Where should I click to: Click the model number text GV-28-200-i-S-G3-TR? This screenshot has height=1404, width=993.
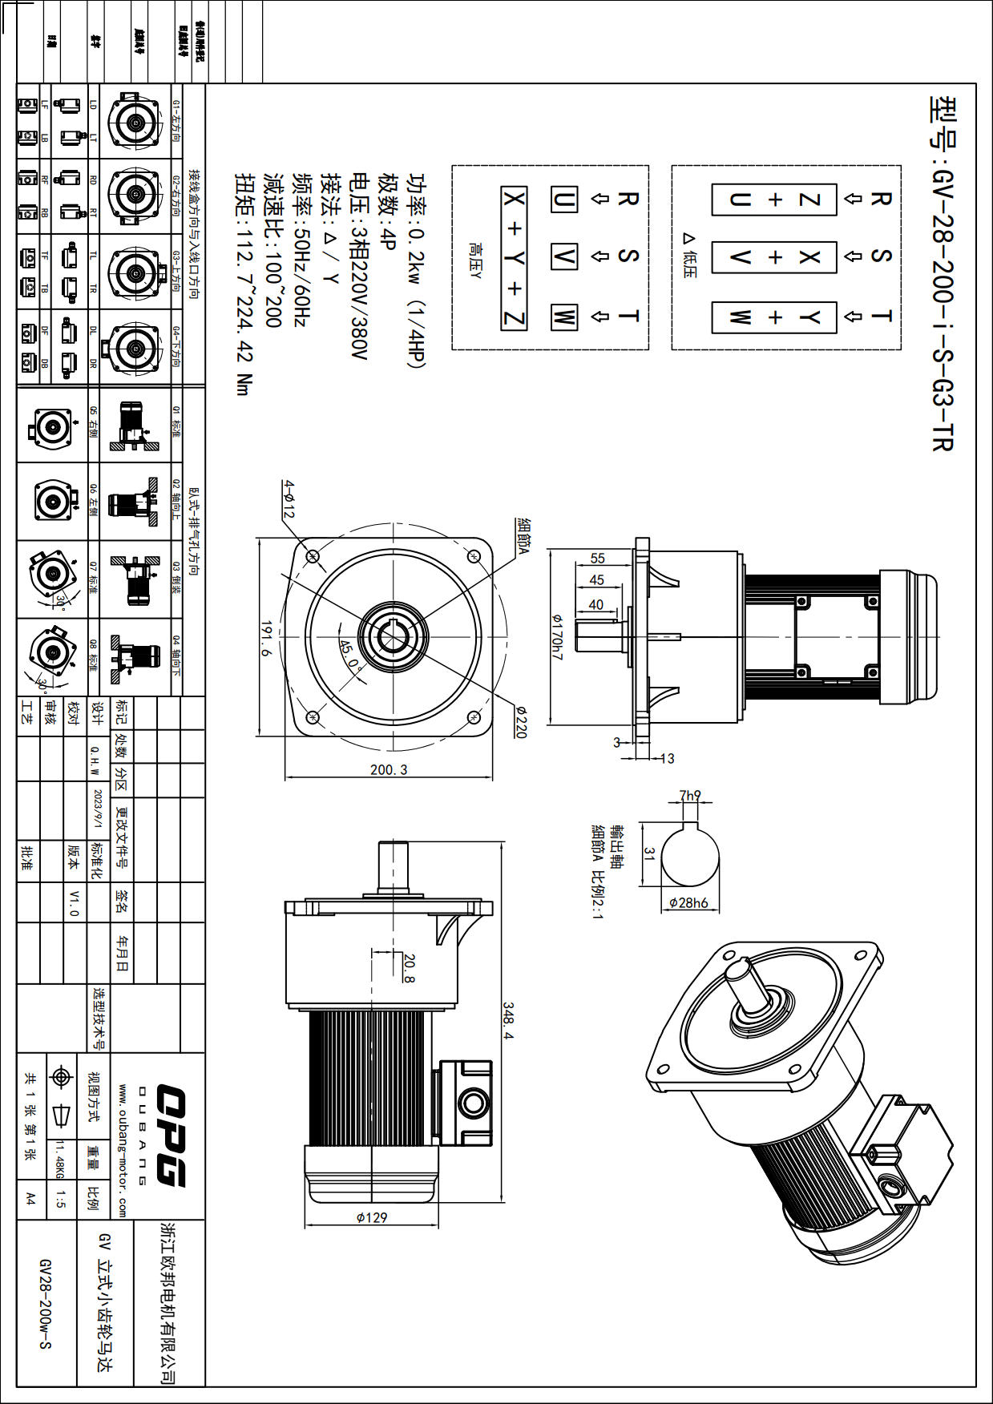[x=943, y=272]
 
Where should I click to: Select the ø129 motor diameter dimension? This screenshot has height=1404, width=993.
[x=372, y=1217]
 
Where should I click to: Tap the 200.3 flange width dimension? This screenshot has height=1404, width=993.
[x=389, y=769]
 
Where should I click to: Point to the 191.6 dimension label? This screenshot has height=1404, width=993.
[x=267, y=638]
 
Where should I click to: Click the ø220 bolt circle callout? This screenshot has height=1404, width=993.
[x=521, y=720]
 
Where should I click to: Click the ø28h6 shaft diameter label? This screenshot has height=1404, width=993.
[x=688, y=902]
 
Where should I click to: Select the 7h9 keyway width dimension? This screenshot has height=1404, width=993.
[x=689, y=796]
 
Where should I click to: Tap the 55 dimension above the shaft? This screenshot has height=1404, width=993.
[x=597, y=559]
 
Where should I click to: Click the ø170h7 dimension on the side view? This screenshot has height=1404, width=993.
[x=558, y=637]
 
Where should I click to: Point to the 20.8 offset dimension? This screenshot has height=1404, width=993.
[x=409, y=968]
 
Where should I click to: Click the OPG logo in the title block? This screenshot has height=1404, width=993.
[x=170, y=1135]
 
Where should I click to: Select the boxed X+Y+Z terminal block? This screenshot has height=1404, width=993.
[x=514, y=258]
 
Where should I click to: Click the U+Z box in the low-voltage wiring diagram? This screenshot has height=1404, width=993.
[x=773, y=200]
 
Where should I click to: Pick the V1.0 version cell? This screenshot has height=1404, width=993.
[x=74, y=902]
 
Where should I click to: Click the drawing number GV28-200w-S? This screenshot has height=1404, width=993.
[x=44, y=1302]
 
